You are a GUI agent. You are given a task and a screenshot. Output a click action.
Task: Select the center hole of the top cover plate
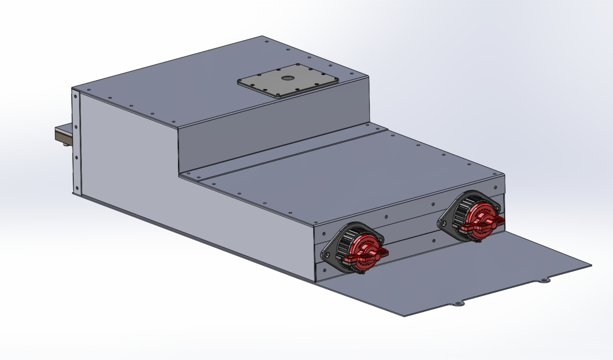(x=287, y=78)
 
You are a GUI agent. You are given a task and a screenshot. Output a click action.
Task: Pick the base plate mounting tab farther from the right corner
(x=458, y=304)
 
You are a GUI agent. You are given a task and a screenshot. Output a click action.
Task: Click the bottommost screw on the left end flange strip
(x=77, y=188)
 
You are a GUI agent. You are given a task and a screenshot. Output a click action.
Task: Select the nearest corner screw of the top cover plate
(x=278, y=94)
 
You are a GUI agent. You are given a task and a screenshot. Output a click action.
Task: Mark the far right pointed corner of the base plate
(x=591, y=265)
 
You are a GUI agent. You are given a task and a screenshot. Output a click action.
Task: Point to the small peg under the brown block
(x=65, y=144)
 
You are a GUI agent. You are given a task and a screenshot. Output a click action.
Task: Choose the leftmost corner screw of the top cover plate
(x=240, y=82)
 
